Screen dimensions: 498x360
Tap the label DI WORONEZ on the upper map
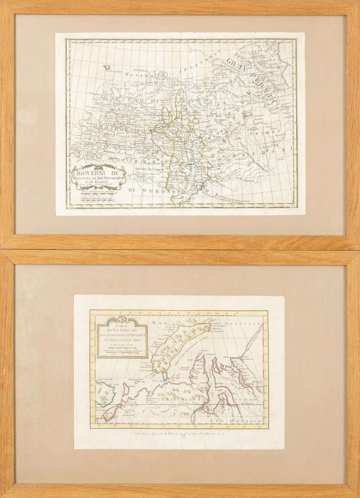pyautogui.click(x=149, y=190)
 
